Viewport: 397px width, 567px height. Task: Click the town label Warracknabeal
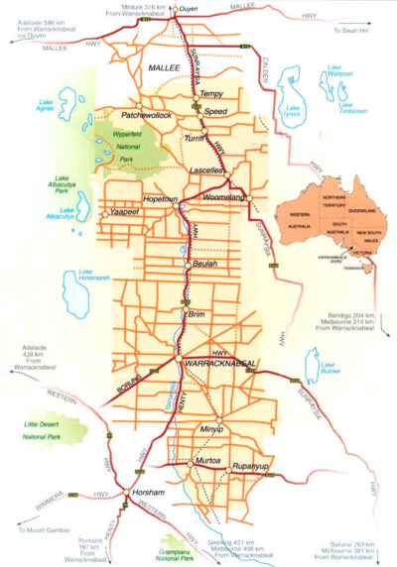221,365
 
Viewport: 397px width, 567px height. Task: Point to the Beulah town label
206,265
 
